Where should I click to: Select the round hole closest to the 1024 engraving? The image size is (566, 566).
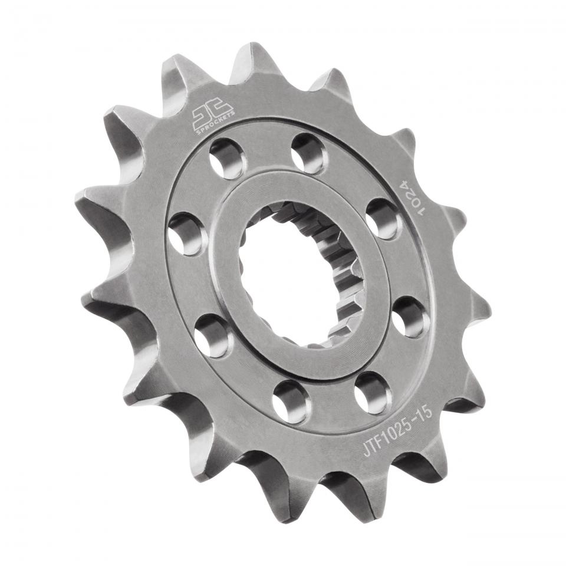(383, 219)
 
